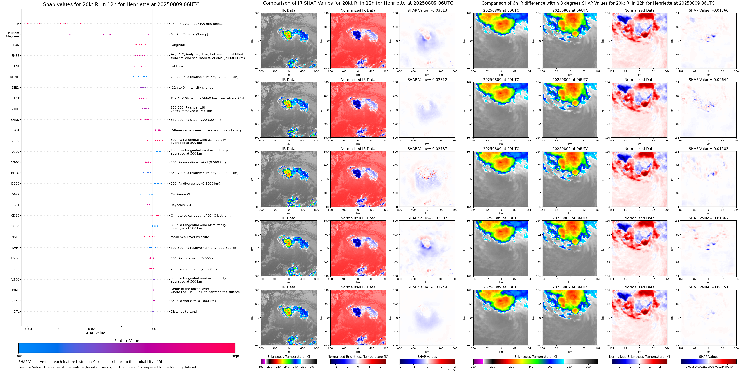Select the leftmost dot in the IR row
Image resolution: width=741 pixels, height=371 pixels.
(28, 23)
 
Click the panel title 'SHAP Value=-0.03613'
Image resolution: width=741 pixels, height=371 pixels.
(427, 10)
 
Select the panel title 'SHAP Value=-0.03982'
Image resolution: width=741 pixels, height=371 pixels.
(427, 218)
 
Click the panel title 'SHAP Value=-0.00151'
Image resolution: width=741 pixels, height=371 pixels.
(709, 287)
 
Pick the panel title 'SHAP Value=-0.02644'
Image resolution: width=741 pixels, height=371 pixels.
(709, 80)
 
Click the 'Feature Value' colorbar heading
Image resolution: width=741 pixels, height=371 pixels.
(127, 341)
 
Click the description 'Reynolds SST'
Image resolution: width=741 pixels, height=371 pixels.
(181, 205)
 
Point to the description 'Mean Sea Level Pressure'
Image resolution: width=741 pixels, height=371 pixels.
(190, 237)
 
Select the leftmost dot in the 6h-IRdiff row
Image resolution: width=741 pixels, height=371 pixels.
(70, 34)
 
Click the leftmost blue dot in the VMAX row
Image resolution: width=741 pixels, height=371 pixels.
(140, 194)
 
